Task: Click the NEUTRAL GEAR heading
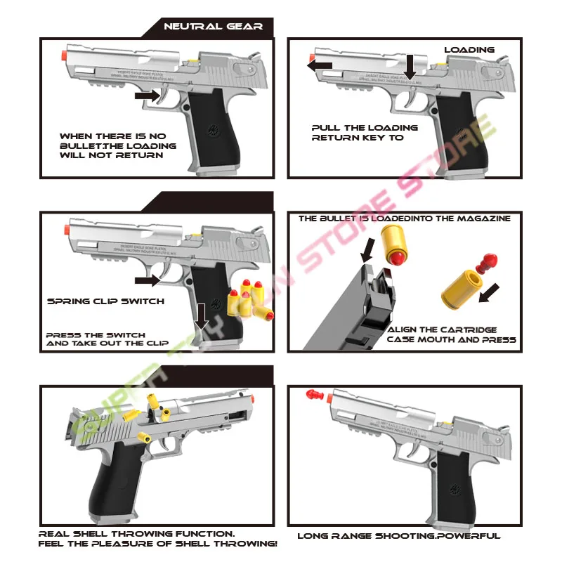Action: click(x=213, y=27)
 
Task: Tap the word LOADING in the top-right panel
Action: click(x=469, y=50)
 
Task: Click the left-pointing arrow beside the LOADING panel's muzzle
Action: click(x=320, y=65)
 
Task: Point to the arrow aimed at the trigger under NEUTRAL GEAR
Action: click(x=148, y=93)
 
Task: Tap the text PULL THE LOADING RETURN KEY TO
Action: click(x=364, y=133)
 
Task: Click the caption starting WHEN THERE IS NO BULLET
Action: click(x=117, y=145)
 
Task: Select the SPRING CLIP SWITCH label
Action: click(x=105, y=301)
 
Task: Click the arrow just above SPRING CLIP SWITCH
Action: click(x=147, y=280)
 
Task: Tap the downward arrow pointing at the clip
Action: click(x=202, y=315)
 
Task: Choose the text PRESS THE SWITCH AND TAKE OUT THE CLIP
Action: click(x=107, y=339)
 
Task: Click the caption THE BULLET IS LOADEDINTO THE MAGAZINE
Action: click(x=405, y=218)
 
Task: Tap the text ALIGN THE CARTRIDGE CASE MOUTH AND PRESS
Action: click(x=451, y=334)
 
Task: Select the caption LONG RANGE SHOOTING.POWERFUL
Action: click(x=398, y=536)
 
